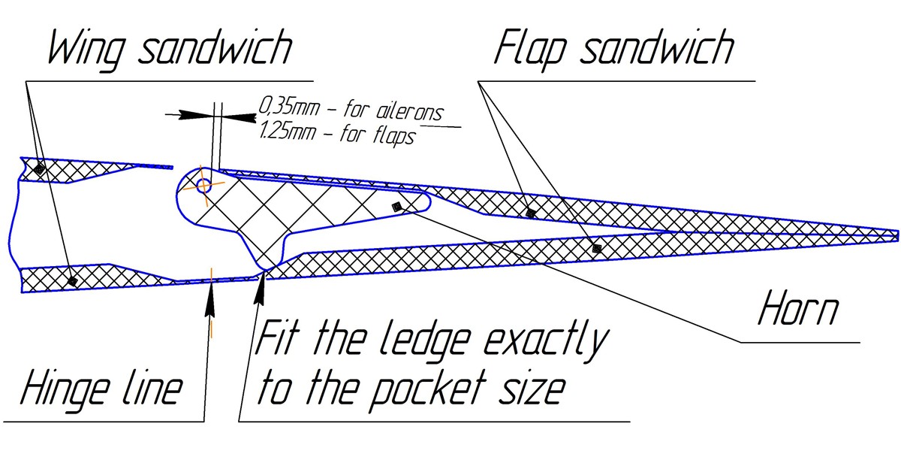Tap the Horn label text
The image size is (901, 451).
(797, 307)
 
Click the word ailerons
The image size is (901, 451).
(405, 111)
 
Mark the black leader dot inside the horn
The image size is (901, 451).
(397, 206)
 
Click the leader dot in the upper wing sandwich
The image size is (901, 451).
(40, 171)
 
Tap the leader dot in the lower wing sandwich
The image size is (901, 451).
(72, 280)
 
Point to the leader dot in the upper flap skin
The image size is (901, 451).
(531, 213)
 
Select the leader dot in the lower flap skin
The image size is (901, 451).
(597, 247)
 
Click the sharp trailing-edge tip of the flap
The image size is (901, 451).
(896, 235)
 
